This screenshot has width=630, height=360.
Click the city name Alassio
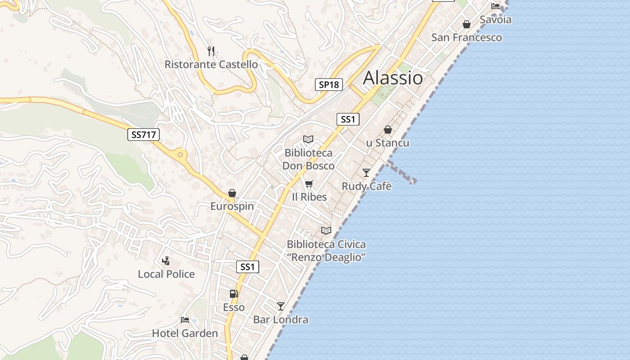coord(393,78)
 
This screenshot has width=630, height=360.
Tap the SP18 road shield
coord(328,85)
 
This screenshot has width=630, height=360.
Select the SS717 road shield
coord(144,135)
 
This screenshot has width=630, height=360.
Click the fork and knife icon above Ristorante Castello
coord(211,51)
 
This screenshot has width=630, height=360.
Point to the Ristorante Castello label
coord(211,64)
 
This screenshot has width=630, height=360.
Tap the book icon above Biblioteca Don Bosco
coord(308,139)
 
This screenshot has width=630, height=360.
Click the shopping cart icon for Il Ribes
coord(309,184)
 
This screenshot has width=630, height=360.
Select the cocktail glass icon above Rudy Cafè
coord(366,173)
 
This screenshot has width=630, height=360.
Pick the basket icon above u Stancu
coord(387,130)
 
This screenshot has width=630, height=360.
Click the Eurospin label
coord(232,207)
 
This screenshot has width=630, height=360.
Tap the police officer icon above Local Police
coord(166,261)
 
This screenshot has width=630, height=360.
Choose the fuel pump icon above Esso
coord(234,294)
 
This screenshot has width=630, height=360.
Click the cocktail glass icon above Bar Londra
coord(280,306)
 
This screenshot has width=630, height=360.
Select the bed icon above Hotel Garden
coord(184,320)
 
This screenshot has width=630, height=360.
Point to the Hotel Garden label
coord(185,333)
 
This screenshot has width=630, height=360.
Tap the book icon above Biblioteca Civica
coord(326,231)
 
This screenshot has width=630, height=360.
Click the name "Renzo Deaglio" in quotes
coord(326,257)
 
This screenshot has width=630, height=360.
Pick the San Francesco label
coord(467,37)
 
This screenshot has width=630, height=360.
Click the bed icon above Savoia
coord(495,6)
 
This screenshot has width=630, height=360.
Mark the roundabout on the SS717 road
coord(180,155)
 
